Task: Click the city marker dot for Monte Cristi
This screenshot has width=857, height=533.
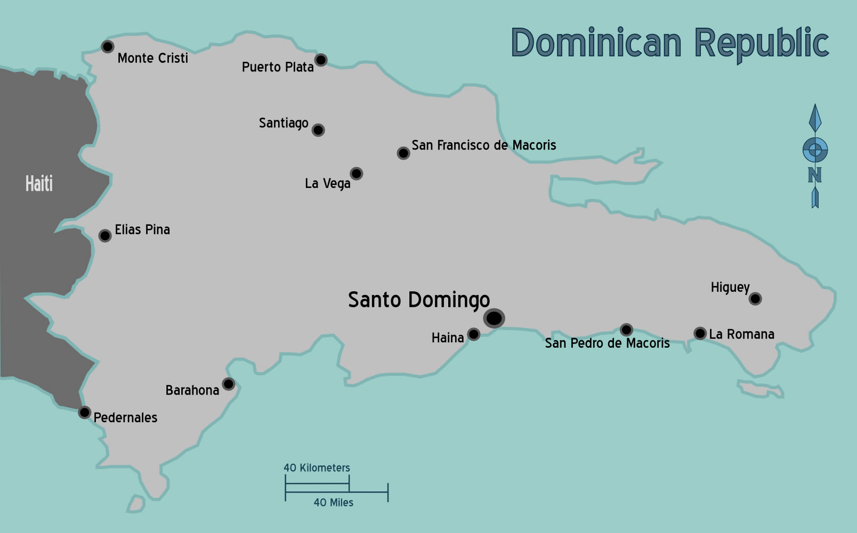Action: click(108, 46)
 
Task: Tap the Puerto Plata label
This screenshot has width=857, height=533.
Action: click(277, 67)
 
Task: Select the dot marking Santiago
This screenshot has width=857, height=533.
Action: click(318, 130)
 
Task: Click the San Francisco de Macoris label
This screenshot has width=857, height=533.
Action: click(483, 145)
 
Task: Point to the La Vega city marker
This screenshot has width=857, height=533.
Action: click(357, 174)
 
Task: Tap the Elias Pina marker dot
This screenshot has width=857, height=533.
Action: click(105, 235)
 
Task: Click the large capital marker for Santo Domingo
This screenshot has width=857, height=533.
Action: click(494, 318)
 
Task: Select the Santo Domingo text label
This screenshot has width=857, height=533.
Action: click(418, 300)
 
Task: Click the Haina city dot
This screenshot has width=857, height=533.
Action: click(473, 334)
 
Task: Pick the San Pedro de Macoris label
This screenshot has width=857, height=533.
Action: click(607, 343)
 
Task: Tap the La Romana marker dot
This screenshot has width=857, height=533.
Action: click(700, 333)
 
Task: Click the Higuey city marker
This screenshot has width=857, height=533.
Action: click(755, 299)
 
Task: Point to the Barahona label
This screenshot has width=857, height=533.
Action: click(192, 390)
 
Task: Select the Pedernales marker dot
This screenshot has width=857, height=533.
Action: click(85, 412)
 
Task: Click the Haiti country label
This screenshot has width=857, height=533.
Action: click(39, 184)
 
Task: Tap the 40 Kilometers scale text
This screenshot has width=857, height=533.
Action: click(317, 468)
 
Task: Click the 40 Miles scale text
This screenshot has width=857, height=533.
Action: click(333, 503)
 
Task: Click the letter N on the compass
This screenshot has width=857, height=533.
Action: click(814, 175)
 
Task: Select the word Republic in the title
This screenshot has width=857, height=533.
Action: click(762, 44)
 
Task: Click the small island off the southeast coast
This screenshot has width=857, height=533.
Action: click(761, 389)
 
